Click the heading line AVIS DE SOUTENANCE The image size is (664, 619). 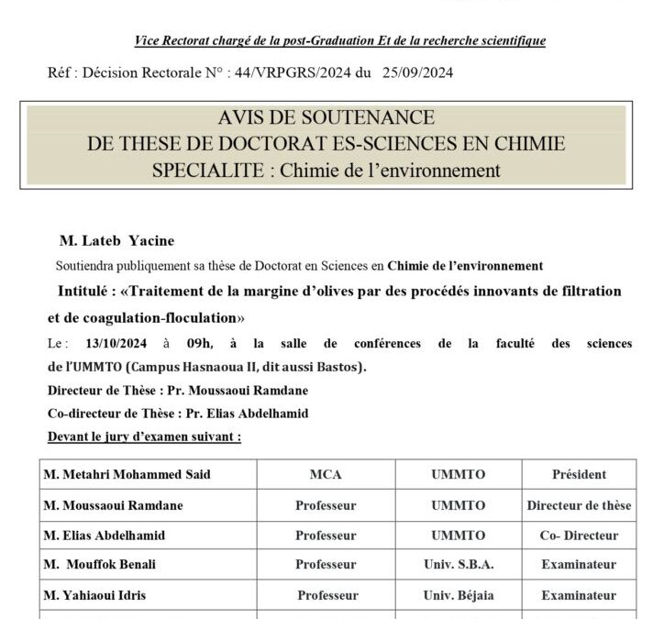(326, 119)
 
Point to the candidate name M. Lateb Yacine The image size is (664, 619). (116, 240)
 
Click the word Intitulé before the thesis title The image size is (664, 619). (83, 291)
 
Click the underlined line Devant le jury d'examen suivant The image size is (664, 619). (144, 437)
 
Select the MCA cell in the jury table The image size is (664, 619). (326, 475)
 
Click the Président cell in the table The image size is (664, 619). (579, 475)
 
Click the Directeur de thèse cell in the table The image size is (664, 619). (579, 504)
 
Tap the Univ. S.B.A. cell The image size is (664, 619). (459, 565)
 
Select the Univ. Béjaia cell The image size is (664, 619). (459, 595)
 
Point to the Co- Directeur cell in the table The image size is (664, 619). (579, 535)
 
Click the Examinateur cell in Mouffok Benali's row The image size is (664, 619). (579, 565)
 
